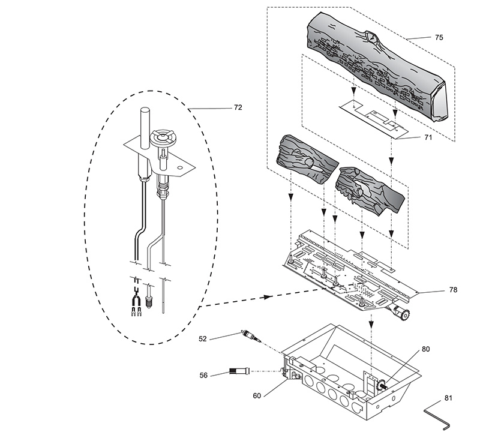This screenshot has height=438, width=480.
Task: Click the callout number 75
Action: click(x=439, y=37)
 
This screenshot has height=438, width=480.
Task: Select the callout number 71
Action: click(x=428, y=137)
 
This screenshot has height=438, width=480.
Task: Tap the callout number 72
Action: click(x=238, y=107)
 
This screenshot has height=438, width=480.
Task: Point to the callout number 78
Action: click(x=453, y=290)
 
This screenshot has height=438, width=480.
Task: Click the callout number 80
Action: click(x=426, y=349)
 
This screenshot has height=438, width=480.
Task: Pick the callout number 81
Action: click(x=448, y=398)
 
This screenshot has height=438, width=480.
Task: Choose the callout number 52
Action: click(x=203, y=339)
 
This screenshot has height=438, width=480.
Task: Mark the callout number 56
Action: click(x=203, y=375)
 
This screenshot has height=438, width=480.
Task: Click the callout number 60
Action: click(x=257, y=396)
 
